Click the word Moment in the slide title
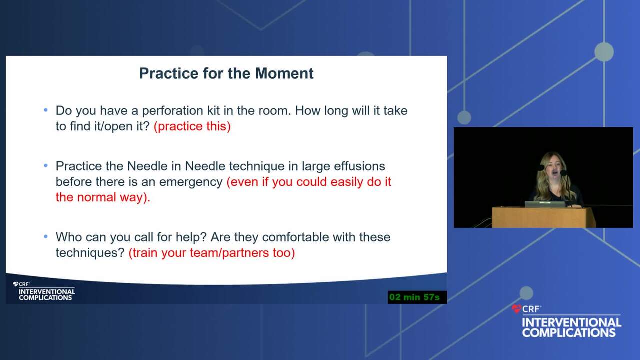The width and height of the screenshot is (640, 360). point(284,73)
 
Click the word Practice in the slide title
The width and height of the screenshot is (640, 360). point(169,73)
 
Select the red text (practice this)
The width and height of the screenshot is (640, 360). point(192,126)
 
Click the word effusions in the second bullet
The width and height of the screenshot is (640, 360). point(359,166)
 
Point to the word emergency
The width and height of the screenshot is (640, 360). point(191,182)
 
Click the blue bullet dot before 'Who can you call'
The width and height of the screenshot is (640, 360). point(46,236)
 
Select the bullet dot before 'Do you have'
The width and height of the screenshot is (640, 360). point(46,110)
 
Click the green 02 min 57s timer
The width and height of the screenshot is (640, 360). point(417,297)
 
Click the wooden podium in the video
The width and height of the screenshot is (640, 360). point(543,217)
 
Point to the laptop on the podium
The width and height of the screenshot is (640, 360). point(545,204)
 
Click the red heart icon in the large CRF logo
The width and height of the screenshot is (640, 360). point(516,309)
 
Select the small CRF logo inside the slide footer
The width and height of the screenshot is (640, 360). point(21,284)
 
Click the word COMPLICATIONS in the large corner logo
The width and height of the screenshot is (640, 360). point(569,333)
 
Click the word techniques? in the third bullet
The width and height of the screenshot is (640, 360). point(90,253)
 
